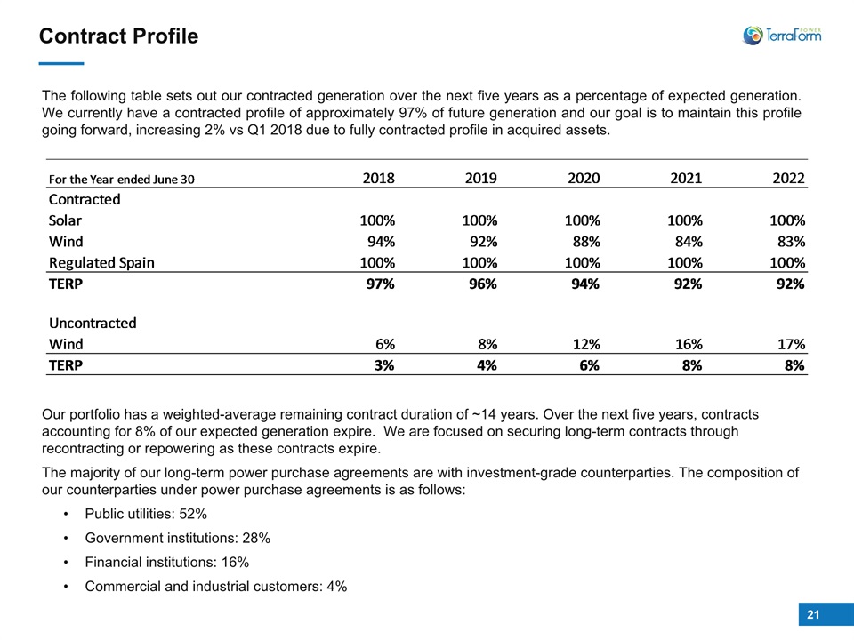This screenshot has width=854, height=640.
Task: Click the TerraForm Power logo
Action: click(782, 36)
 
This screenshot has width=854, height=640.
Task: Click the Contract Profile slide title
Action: click(118, 36)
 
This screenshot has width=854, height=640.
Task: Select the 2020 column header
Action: click(584, 178)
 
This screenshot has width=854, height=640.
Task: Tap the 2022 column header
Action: click(788, 178)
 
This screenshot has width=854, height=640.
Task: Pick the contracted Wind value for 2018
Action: click(381, 241)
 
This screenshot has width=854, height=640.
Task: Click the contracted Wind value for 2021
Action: click(689, 241)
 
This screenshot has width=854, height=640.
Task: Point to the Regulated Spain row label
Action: click(101, 263)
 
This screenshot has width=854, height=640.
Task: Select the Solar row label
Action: click(65, 220)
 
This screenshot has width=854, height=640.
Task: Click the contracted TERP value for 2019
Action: click(482, 284)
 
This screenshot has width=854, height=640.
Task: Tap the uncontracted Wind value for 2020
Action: click(586, 344)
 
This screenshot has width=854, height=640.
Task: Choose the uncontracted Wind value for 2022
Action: click(791, 344)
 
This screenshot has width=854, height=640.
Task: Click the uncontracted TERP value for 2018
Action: click(384, 365)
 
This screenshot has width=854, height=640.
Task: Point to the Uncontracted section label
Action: click(93, 323)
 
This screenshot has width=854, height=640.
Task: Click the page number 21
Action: click(813, 614)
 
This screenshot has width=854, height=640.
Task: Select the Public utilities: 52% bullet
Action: click(146, 514)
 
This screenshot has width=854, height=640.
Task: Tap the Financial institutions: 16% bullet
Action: click(166, 562)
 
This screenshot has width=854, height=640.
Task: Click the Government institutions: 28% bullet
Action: click(178, 539)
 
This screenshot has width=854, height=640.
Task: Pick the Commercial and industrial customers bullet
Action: click(215, 586)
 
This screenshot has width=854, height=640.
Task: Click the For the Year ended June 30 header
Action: click(122, 179)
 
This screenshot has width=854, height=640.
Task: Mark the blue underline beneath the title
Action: click(61, 64)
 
